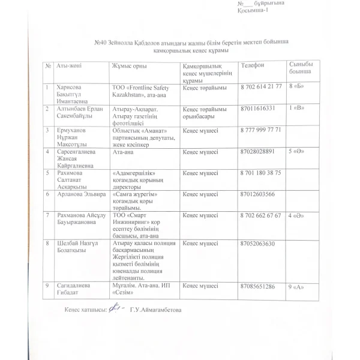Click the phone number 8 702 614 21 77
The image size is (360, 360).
click(260, 86)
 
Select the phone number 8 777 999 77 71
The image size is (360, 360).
click(260, 130)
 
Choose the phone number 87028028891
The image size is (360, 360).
click(257, 152)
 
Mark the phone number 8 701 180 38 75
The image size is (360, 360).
click(260, 173)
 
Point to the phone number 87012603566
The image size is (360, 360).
click(257, 194)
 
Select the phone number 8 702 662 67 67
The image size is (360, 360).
click(260, 215)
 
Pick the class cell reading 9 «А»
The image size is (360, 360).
click(298, 287)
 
